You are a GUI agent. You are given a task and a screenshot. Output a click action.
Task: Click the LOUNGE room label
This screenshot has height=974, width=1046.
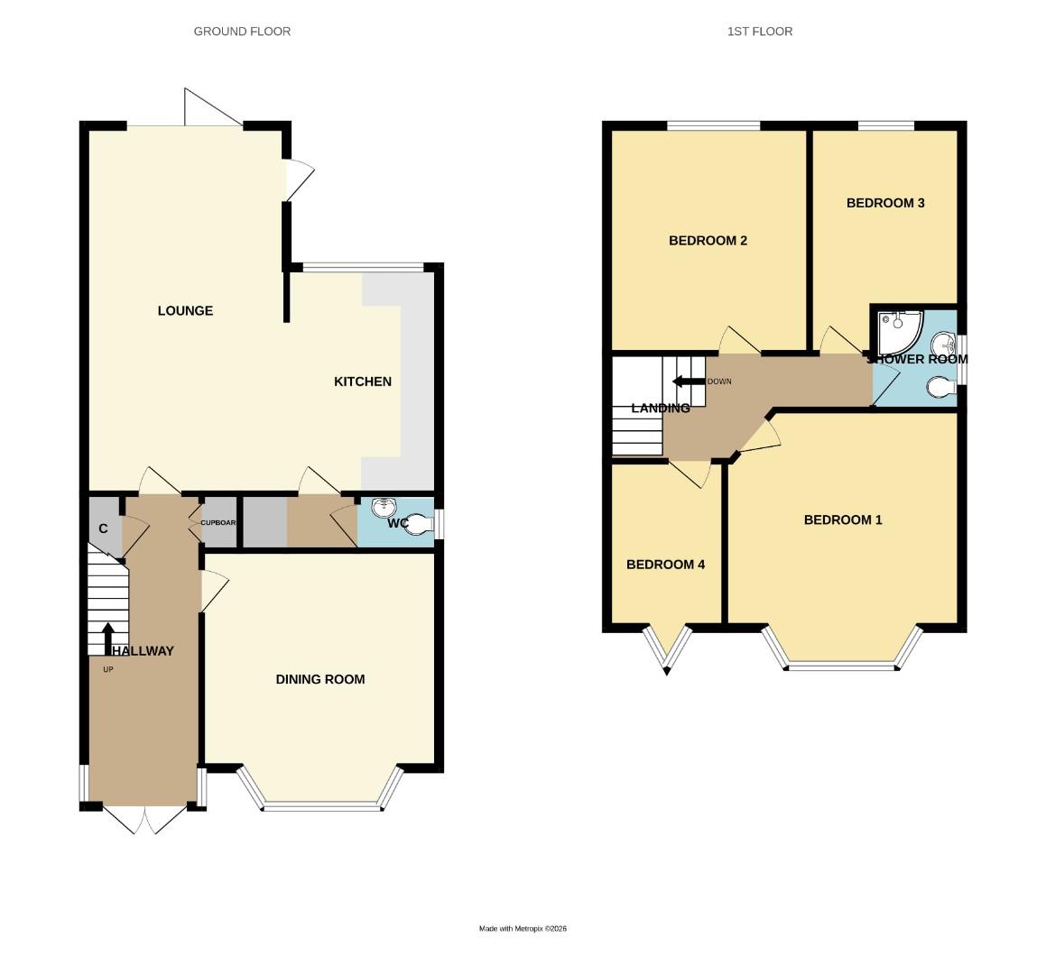(185, 311)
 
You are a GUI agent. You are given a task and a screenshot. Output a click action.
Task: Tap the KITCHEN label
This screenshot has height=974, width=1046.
(363, 381)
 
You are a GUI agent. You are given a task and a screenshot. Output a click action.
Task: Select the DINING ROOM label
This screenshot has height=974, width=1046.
(320, 679)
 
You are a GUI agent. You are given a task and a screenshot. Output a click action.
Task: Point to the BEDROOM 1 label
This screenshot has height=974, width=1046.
(843, 519)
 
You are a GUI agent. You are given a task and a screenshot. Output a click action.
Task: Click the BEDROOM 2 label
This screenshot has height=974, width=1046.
(708, 241)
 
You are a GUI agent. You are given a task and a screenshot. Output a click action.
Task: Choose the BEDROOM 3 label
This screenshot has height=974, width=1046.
(884, 203)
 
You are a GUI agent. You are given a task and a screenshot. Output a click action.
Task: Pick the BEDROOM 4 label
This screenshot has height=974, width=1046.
(665, 565)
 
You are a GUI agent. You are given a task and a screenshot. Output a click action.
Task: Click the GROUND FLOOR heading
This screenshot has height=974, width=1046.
(242, 32)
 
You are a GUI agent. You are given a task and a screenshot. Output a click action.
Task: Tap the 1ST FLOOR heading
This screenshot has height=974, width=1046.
(760, 32)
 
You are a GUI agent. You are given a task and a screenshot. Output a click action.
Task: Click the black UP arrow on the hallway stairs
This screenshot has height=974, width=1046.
(108, 637)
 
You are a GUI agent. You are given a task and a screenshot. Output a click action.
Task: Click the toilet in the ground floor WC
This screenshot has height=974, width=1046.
(417, 523)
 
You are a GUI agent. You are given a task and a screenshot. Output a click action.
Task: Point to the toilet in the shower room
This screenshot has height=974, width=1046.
(940, 387)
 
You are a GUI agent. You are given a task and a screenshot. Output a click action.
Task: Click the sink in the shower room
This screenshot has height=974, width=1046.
(945, 344)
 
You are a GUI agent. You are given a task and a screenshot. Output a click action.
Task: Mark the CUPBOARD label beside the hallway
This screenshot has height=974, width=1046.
(218, 523)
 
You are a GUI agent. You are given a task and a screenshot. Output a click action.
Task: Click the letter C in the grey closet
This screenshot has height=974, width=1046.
(104, 528)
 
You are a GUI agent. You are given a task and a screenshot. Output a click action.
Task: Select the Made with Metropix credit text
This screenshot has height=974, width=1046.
(523, 929)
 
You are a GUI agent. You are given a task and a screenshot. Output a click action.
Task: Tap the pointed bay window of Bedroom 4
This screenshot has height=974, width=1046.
(667, 649)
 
